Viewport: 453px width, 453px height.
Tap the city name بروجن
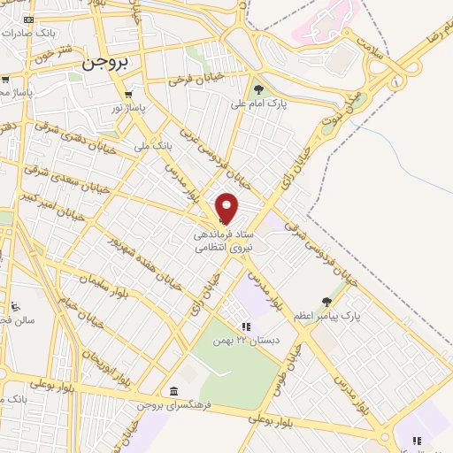click(104, 65)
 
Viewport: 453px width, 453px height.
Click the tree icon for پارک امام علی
click(258, 88)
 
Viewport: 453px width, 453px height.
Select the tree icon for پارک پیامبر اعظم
click(326, 302)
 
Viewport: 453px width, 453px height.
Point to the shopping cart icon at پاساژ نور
click(129, 94)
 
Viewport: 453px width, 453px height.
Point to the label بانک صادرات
click(31, 32)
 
